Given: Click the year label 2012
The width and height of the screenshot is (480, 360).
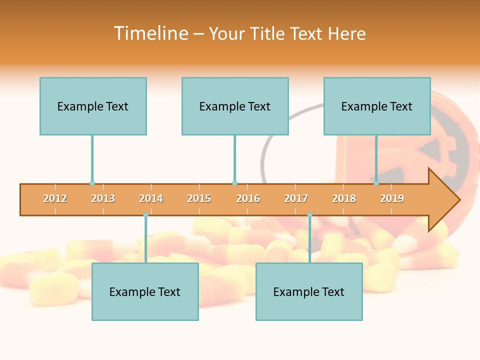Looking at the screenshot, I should [x=55, y=199].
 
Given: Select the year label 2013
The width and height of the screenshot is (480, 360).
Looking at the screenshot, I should [x=103, y=199].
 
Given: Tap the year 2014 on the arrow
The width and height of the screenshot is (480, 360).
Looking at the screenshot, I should [x=151, y=199].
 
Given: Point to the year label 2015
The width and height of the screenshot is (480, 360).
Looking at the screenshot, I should [x=199, y=199].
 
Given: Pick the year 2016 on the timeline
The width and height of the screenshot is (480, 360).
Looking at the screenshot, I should [x=248, y=199].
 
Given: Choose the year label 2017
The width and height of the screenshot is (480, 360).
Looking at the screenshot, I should [x=296, y=199].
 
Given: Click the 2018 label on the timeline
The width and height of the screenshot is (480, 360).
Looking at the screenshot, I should [x=344, y=199].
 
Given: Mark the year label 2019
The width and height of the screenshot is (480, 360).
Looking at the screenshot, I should [x=392, y=199].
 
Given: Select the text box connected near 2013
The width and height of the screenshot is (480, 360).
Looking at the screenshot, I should [x=93, y=106].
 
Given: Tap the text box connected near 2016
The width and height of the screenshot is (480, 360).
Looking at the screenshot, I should [x=235, y=106].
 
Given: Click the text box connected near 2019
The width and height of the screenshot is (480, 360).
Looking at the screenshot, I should [x=377, y=106].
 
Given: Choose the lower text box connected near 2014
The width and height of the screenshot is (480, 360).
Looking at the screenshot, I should [x=145, y=292].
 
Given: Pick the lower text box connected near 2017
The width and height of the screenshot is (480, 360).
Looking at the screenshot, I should [x=309, y=292].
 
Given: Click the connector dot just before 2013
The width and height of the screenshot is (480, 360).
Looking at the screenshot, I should [x=92, y=183].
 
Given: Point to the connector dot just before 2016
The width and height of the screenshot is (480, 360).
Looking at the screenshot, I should [x=234, y=183].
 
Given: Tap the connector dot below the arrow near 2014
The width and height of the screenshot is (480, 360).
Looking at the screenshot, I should [x=145, y=215].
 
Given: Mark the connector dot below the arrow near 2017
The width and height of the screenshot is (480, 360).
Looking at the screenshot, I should [x=309, y=215].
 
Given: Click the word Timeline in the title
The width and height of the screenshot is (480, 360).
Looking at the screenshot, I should [x=151, y=33].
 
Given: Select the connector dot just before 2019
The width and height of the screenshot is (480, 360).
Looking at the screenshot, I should [x=376, y=183].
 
